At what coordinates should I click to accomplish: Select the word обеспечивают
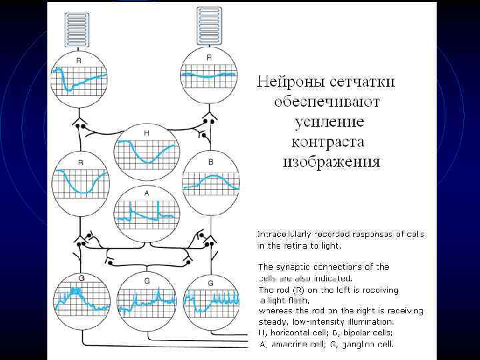pos(327,101)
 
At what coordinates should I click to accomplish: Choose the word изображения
pos(332,161)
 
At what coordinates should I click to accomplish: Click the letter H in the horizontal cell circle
pos(146,134)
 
